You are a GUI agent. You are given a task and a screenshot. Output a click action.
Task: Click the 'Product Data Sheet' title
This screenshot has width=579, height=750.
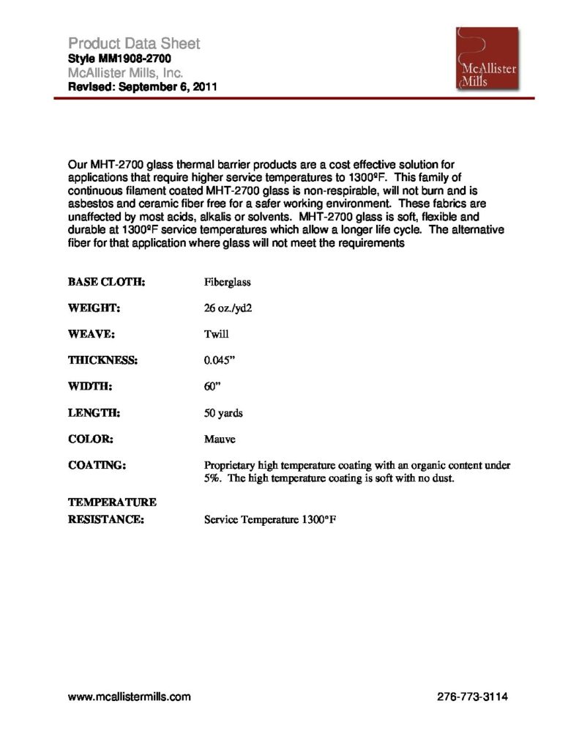[x=134, y=43]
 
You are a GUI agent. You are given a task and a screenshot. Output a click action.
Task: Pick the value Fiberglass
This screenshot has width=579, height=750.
[x=228, y=281]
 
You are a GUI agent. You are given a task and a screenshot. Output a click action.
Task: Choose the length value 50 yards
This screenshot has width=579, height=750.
[x=223, y=413]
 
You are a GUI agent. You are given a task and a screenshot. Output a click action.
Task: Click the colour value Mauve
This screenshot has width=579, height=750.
[x=220, y=439]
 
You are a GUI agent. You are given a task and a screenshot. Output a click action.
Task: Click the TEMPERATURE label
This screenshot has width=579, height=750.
[x=112, y=502]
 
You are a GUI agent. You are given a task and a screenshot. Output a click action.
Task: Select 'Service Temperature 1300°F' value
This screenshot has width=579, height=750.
[x=269, y=521]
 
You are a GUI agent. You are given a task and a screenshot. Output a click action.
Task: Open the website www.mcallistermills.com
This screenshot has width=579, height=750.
[x=130, y=697]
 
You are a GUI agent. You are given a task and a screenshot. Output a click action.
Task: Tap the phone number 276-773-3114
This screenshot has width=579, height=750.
[x=471, y=697]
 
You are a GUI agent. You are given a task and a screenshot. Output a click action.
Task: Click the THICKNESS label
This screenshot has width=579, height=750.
[x=103, y=360]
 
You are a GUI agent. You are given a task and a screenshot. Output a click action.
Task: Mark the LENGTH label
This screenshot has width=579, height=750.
[x=94, y=413]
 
